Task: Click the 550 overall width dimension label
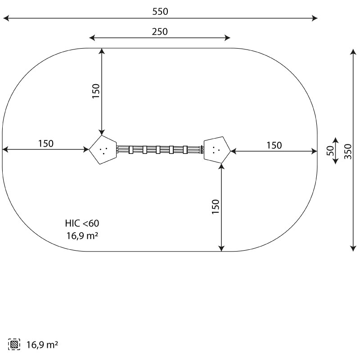pos(160,12)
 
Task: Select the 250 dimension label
pos(160,31)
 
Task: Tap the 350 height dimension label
pos(348,151)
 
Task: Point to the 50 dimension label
pos(330,151)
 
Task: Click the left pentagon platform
pos(103,150)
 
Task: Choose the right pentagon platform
pos(217,150)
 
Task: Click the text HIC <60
pos(82,223)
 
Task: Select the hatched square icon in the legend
pos(14,344)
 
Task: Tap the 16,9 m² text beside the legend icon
pos(42,345)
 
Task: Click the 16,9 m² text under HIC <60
pos(82,235)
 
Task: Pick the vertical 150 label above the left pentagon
pos(96,91)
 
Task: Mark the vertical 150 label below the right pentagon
pos(216,207)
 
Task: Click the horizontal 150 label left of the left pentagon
pos(46,144)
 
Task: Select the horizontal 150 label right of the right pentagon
pos(274,145)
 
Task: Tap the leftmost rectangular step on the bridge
pos(131,150)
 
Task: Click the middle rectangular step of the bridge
pos(158,150)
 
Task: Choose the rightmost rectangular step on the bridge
pos(185,150)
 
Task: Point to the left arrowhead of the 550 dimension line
pos(6,18)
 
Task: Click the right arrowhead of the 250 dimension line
pos(227,38)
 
